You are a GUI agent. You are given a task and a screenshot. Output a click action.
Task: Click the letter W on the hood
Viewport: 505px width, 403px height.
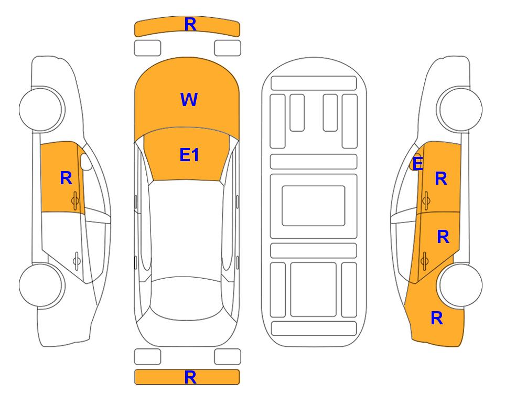click(189, 100)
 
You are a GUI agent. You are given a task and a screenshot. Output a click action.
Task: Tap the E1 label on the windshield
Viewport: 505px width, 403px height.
click(189, 155)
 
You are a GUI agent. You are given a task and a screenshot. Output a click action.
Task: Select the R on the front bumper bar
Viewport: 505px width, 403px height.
click(190, 25)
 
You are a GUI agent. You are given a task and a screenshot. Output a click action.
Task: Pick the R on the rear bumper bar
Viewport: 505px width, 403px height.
click(190, 377)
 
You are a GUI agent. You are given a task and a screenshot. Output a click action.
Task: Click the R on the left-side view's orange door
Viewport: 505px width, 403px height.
click(66, 178)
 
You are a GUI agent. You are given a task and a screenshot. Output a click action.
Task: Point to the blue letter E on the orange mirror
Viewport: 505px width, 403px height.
click(418, 164)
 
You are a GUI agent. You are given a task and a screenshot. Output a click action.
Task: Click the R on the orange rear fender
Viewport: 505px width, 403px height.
click(437, 318)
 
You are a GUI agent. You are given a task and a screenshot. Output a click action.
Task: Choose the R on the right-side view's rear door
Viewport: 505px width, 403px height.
click(443, 237)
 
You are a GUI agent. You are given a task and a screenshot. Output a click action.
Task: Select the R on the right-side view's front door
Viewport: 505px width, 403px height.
click(441, 178)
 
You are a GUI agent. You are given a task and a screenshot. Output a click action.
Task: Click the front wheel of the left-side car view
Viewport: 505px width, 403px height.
click(41, 109)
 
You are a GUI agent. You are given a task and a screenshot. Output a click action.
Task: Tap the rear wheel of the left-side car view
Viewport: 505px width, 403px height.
click(41, 285)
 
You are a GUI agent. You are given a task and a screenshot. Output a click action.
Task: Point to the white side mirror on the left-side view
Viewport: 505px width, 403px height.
click(85, 162)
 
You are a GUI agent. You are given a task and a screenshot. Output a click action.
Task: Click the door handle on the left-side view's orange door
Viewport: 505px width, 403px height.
click(75, 200)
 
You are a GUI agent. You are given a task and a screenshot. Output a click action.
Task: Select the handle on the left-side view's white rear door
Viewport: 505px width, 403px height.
click(77, 260)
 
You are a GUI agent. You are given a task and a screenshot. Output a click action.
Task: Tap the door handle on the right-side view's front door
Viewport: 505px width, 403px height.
click(426, 200)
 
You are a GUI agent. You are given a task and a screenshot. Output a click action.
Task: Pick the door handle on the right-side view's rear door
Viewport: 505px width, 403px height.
click(424, 260)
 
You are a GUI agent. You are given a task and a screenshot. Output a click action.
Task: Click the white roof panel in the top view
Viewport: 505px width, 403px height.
click(187, 229)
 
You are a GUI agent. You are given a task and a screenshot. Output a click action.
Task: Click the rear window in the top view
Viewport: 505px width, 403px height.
click(187, 298)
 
